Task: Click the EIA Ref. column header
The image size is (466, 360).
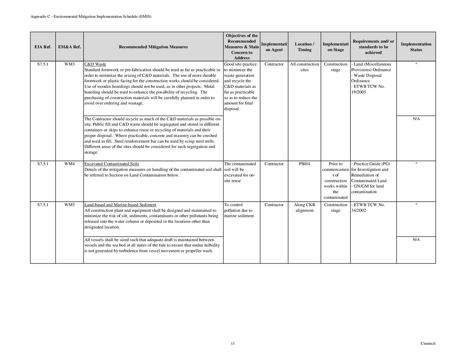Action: point(43,47)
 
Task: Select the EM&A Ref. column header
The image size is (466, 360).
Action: point(69,47)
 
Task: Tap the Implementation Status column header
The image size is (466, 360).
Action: point(416,47)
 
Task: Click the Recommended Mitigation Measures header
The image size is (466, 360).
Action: point(153,47)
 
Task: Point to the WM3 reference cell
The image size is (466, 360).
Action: point(69,64)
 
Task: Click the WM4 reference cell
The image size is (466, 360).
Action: point(69,164)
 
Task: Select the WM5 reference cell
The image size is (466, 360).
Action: point(69,205)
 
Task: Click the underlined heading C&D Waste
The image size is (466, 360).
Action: point(95,64)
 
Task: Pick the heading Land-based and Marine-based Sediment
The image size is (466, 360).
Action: point(120,205)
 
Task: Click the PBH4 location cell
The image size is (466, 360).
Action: point(304,164)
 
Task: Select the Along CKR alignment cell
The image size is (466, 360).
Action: point(304,208)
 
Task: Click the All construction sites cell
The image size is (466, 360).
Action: point(304,67)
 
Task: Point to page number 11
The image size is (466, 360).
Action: point(233,343)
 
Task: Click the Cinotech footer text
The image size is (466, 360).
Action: point(428,343)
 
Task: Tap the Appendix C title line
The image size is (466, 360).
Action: point(91,17)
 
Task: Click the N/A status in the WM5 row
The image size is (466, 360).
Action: point(416,240)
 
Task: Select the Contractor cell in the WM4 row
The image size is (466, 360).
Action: point(274,164)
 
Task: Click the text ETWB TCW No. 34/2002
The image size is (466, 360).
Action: point(368,208)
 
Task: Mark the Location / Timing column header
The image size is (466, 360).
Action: point(304,47)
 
